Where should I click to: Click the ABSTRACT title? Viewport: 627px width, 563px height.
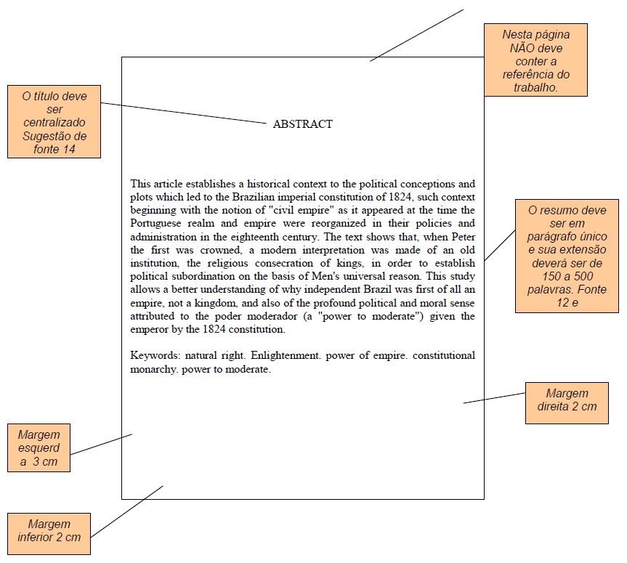coord(302,124)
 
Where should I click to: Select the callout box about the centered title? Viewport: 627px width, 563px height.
coord(54,121)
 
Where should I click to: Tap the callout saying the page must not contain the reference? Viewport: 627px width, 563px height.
coord(535,60)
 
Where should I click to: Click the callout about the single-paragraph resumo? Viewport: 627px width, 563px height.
coord(567,256)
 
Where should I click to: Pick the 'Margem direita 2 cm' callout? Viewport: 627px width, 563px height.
coord(567,402)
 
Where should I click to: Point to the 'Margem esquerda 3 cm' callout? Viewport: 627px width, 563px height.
coord(39,447)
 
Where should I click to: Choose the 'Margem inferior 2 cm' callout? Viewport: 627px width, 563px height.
coord(49,535)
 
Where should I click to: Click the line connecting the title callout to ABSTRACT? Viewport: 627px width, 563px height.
coord(182,113)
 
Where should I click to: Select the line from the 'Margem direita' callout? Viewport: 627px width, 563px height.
coord(494,398)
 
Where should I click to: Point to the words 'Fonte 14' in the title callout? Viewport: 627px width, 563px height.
coord(54,149)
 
